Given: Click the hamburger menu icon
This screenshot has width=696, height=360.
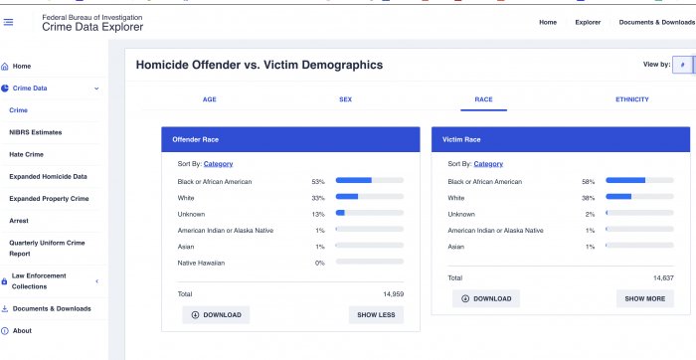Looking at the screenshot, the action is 8,22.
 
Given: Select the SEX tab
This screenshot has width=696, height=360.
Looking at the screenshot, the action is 345,99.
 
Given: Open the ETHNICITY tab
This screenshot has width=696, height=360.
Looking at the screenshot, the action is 632,99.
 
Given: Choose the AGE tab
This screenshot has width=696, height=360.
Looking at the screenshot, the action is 210,99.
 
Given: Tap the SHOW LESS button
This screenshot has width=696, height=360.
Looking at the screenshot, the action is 376,314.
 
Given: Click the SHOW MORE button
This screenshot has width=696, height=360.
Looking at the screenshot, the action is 645,298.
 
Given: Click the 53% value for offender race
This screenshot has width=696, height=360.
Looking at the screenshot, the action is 318,182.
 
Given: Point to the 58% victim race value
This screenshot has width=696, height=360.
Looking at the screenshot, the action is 589,182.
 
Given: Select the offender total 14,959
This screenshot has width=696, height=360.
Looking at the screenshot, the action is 394,293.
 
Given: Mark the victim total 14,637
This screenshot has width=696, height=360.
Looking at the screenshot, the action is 663,277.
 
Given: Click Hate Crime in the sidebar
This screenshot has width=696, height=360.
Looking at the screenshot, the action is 26,154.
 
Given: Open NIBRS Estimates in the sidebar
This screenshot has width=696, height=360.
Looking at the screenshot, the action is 36,132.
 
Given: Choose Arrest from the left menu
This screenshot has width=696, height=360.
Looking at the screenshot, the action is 19,221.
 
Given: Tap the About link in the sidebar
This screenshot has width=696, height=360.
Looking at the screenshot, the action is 22,331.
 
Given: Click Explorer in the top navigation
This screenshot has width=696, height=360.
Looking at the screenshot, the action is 588,22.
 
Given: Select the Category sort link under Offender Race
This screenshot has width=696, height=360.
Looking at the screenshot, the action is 218,164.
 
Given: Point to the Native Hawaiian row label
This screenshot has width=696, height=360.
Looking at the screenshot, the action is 201,263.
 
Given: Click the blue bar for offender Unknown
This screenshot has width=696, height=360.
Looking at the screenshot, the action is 340,213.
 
